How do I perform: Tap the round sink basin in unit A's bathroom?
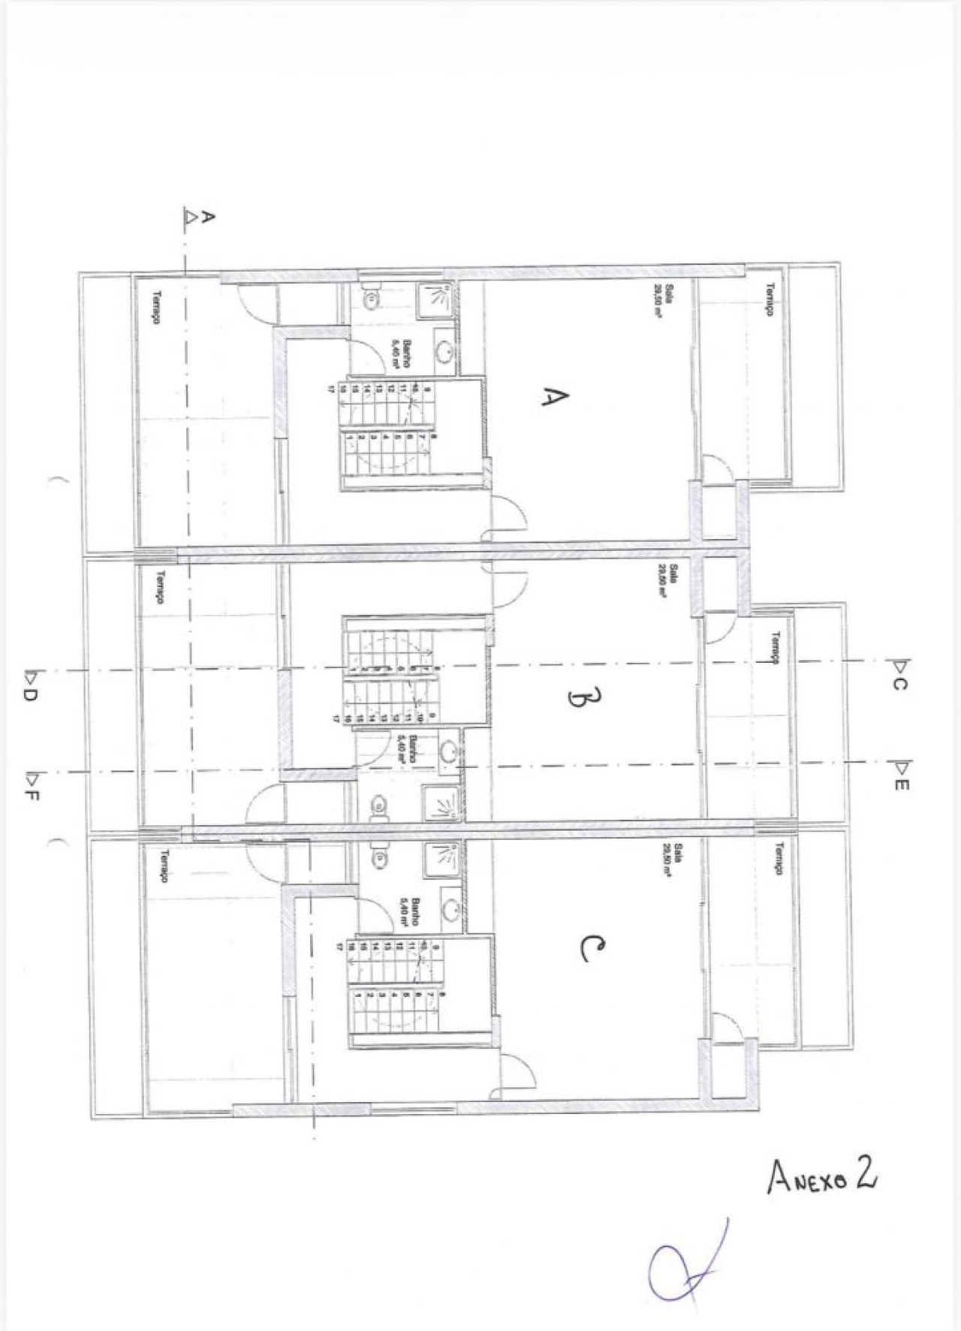[x=443, y=353]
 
